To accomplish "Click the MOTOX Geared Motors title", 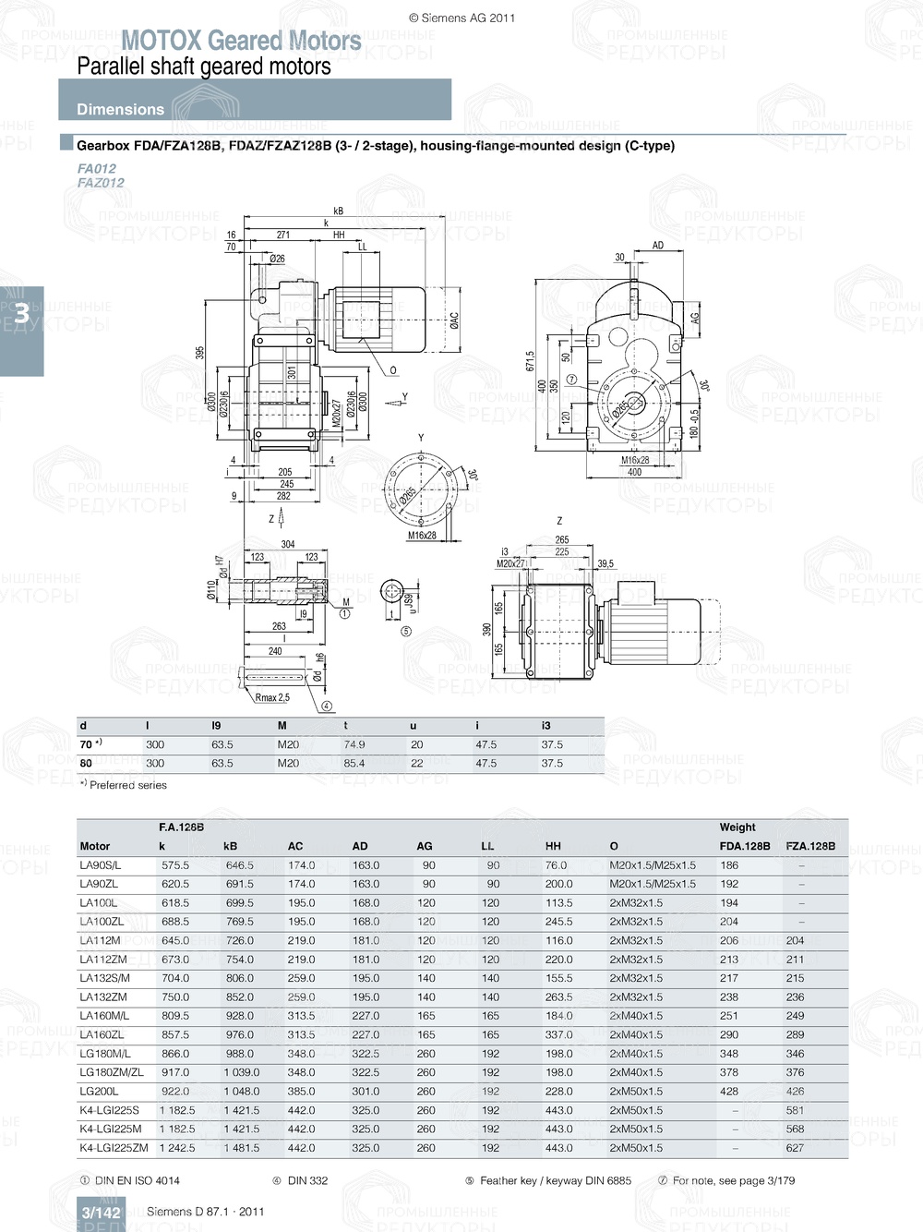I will (x=241, y=41).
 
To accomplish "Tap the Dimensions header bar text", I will (x=120, y=109).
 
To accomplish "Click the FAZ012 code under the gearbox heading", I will (x=101, y=183).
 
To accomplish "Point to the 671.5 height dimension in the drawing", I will (x=531, y=360).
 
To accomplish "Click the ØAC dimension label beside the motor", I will (x=454, y=320).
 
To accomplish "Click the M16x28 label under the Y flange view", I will (x=422, y=536).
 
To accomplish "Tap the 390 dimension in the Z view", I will (x=486, y=629).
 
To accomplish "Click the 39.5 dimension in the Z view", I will (x=605, y=563).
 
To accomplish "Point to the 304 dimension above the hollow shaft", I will (x=288, y=545).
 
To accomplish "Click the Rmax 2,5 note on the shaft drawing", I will (x=272, y=697).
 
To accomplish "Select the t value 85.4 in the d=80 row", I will (x=354, y=764).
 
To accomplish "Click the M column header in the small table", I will (x=282, y=726).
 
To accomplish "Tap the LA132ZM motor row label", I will (x=103, y=997).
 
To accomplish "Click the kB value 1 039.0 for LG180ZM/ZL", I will (x=242, y=1073).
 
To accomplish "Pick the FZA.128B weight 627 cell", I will (x=795, y=1148).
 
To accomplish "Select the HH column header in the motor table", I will (x=553, y=846).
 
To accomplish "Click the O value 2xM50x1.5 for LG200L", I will (x=636, y=1092).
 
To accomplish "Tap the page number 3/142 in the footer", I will (x=101, y=1213).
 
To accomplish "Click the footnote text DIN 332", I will (x=307, y=1180).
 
